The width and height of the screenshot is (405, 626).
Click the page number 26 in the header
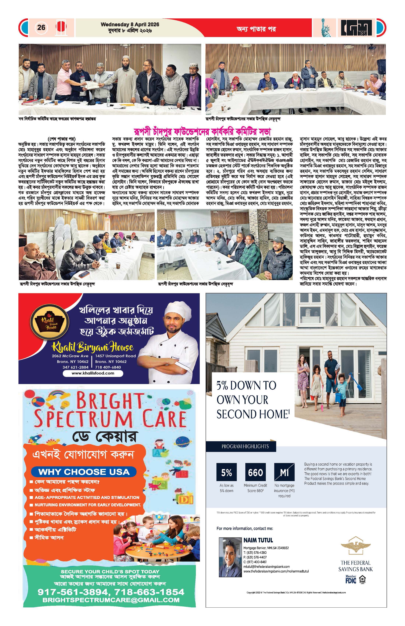41,27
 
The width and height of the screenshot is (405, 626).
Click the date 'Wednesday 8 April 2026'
130,24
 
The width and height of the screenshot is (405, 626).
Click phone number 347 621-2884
75,367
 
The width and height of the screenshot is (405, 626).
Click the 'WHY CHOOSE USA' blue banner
84,472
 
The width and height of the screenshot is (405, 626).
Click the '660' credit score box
255,473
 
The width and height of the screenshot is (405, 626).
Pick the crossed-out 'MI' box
284,473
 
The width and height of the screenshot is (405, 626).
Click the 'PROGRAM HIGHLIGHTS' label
245,446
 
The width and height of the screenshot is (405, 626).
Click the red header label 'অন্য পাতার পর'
256,29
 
